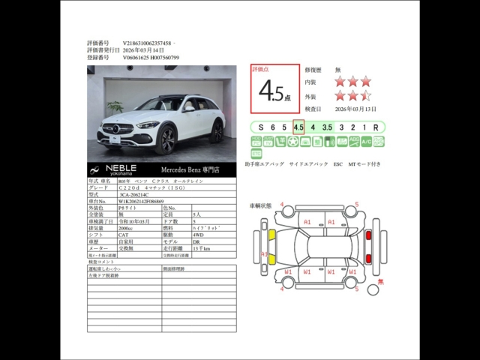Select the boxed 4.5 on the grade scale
pyautogui.click(x=298, y=127)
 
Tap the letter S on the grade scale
pyautogui.click(x=260, y=127)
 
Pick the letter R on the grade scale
pyautogui.click(x=376, y=127)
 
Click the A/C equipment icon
pyautogui.click(x=366, y=142)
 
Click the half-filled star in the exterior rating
pyautogui.click(x=366, y=96)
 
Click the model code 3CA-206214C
pyautogui.click(x=138, y=194)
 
